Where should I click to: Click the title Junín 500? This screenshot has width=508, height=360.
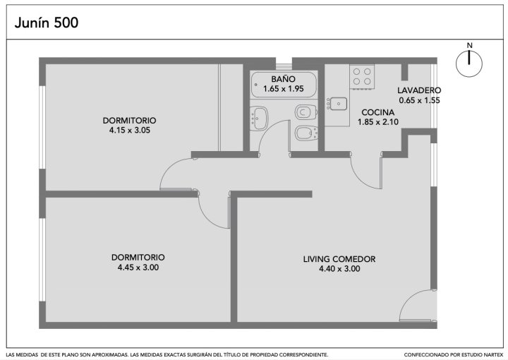[47, 23]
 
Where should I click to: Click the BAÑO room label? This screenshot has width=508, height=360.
[283, 79]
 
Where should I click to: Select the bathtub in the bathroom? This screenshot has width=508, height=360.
[284, 85]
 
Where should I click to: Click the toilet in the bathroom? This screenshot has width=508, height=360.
[306, 112]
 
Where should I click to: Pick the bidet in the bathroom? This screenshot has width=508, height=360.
[306, 133]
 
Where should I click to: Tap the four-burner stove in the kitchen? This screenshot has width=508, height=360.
[362, 76]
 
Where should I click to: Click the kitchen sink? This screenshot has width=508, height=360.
[337, 104]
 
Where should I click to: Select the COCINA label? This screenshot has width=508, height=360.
[377, 112]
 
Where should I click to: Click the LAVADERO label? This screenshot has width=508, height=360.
[419, 90]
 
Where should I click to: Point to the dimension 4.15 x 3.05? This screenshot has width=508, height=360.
[130, 131]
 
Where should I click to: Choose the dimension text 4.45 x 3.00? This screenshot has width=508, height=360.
[138, 268]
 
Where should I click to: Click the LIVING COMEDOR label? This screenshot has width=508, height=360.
[339, 259]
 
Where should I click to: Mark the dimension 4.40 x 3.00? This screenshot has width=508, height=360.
[339, 269]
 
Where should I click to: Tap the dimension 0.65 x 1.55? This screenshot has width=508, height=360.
[419, 100]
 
